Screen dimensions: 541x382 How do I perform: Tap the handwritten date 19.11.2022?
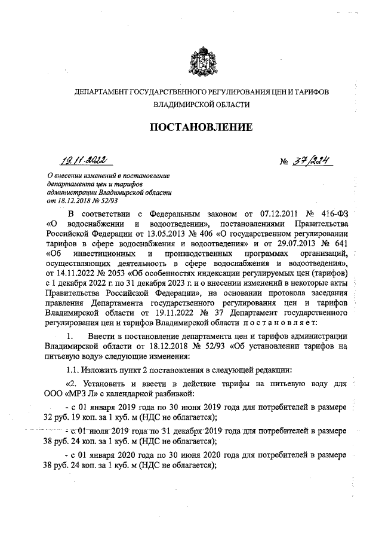85,159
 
